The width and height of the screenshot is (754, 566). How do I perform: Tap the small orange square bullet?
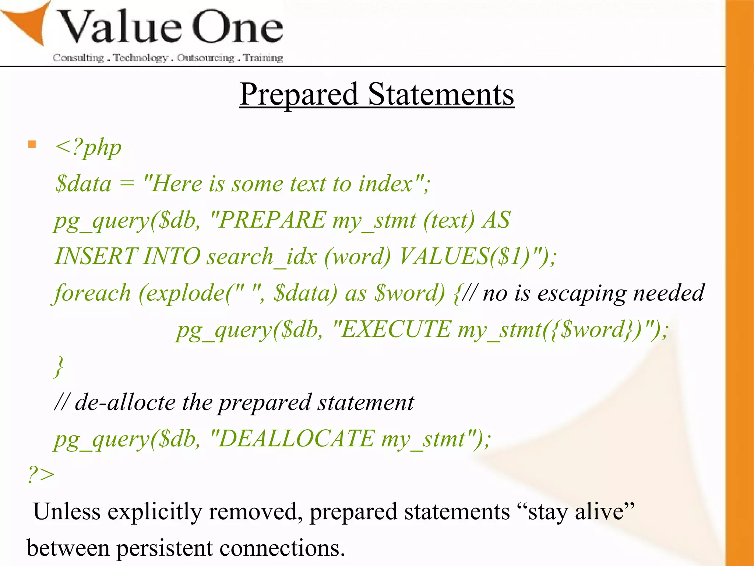coord(32,144)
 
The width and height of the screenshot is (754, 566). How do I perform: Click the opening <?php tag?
coord(88,148)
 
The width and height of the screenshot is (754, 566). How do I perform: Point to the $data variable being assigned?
coord(83,184)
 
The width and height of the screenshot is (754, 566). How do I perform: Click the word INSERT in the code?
coord(96,256)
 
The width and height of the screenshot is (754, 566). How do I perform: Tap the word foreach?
coord(92,293)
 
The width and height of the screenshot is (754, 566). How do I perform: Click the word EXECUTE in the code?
coord(395,329)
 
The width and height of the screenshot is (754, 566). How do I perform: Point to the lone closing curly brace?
coord(59,366)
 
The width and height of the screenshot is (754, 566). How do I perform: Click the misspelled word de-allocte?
coord(125,402)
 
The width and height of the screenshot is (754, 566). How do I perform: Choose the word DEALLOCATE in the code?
coord(296,439)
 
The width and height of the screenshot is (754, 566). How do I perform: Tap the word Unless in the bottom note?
coord(67,511)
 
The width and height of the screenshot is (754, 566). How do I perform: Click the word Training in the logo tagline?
coord(263,58)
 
